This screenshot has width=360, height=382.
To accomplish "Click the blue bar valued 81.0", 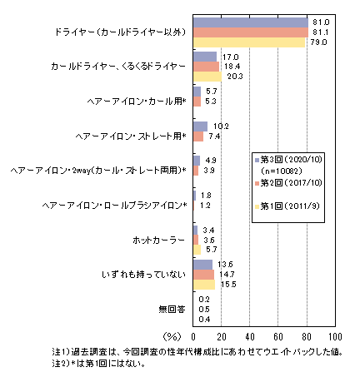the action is coord(251,22).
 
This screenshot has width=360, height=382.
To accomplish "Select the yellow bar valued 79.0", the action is coord(249,42).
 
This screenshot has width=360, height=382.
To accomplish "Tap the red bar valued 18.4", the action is coord(206,67).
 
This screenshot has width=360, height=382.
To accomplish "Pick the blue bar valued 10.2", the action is coord(200,127).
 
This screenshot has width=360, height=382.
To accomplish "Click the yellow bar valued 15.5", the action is coord(204,285).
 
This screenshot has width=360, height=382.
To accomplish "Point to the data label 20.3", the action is coord(235,77).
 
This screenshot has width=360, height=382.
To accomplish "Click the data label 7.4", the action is coord(214,136).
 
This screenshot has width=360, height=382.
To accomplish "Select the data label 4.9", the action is coord(211,161).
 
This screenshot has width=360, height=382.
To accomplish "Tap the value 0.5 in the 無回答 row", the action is coord(204,310).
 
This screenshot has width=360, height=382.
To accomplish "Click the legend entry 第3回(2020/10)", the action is coord(288,160).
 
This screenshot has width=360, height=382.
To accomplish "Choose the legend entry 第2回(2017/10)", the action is coord(288,183).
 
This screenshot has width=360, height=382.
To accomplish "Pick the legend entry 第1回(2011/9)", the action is coord(287,206).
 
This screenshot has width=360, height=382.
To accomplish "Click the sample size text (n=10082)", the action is coord(281,171).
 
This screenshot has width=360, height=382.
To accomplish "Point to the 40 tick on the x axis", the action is coord(250,337).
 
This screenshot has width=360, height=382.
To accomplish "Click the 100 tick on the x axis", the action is coord(335,337).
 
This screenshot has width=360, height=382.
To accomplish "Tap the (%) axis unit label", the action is coord(172,337).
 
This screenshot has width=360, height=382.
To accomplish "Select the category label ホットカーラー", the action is coord(158,240).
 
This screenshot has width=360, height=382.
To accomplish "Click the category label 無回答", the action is coord(172,310).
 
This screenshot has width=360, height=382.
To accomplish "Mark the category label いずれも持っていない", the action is coord(143,275).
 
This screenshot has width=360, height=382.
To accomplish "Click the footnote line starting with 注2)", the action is coord(99,364).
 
